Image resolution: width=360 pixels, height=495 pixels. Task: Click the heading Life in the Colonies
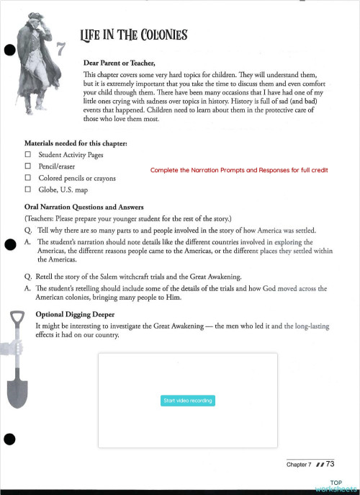tap(135, 35)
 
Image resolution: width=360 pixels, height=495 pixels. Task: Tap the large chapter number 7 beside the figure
tap(61, 50)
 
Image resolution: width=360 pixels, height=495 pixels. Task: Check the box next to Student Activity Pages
tap(28, 155)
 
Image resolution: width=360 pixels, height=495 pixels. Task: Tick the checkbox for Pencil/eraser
tap(28, 166)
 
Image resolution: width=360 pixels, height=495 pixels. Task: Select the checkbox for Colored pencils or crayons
tap(28, 178)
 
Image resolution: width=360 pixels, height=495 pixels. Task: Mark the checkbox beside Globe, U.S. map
tap(28, 189)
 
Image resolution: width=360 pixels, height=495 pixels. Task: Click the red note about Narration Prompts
tap(238, 170)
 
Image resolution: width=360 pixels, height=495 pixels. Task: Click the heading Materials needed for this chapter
tap(76, 143)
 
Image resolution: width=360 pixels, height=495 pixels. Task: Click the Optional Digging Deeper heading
tap(78, 315)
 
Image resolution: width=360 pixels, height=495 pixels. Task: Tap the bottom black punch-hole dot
tap(10, 439)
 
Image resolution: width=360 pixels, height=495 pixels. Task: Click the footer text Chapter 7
tap(299, 465)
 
